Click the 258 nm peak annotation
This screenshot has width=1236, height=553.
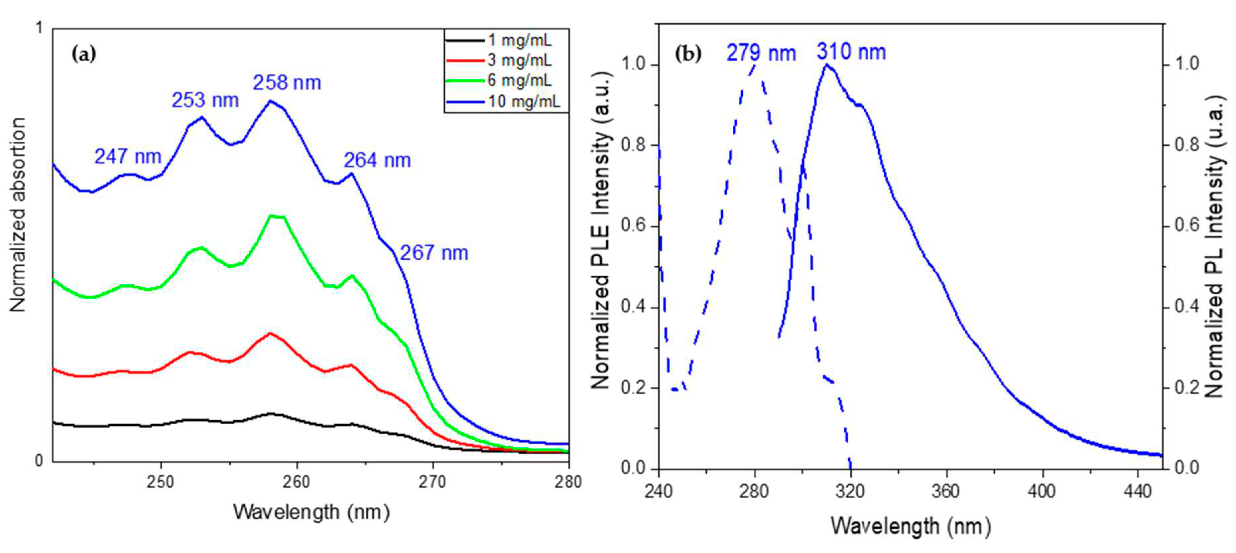287,83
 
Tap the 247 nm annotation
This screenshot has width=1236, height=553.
128,157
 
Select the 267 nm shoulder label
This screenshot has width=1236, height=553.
434,253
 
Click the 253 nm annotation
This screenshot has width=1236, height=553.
205,100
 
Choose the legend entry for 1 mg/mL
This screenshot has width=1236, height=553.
520,40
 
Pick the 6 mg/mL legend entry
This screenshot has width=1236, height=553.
520,80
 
